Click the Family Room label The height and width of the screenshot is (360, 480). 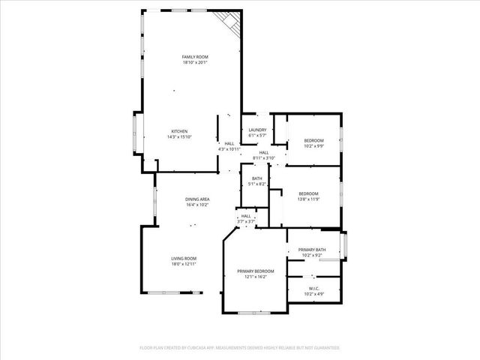pos(195,57)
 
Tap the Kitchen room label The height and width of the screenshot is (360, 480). pos(179,131)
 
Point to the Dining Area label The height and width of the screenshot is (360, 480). pos(198,199)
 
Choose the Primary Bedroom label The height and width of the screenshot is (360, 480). pos(256,271)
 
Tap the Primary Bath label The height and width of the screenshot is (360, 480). pos(311,250)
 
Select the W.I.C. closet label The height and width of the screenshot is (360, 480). pos(314,288)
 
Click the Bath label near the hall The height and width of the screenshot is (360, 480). pos(256,178)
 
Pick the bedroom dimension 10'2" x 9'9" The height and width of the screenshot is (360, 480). pos(313,146)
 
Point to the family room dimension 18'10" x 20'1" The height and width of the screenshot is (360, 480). pos(195,63)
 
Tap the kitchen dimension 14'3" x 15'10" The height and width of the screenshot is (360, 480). pos(179,137)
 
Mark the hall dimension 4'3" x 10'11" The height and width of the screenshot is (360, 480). pos(229,148)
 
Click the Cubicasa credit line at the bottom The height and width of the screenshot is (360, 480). pos(240,348)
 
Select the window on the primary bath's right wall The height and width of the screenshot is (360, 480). pos(343,245)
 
